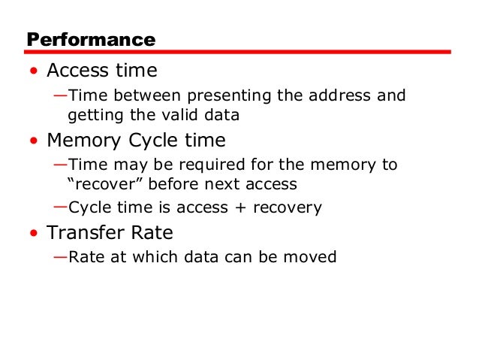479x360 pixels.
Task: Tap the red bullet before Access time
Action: coord(34,72)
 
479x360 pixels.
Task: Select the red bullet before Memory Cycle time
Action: coord(34,141)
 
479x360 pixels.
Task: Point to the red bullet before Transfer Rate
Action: coord(34,233)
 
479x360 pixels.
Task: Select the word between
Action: coord(141,96)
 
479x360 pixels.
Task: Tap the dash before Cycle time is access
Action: coord(60,207)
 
